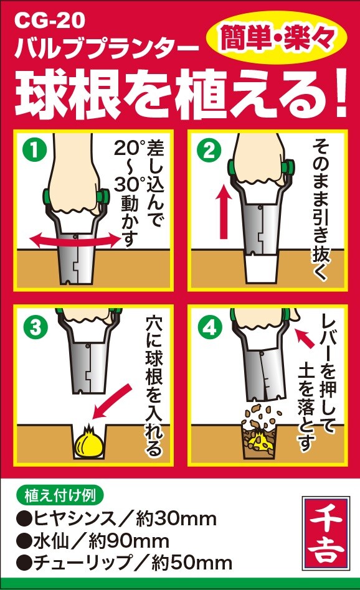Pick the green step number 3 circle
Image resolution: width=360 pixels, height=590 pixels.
35,327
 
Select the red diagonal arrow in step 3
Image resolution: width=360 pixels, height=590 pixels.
112,402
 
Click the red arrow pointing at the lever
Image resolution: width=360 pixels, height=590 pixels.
305,337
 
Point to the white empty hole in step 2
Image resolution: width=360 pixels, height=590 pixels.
260,269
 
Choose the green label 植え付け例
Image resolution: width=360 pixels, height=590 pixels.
60,495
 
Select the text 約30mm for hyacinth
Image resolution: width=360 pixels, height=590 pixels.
176,519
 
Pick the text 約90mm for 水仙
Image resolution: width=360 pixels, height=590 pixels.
129,541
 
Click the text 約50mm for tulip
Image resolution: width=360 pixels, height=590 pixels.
192,563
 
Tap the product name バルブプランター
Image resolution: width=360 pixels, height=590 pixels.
107,49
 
